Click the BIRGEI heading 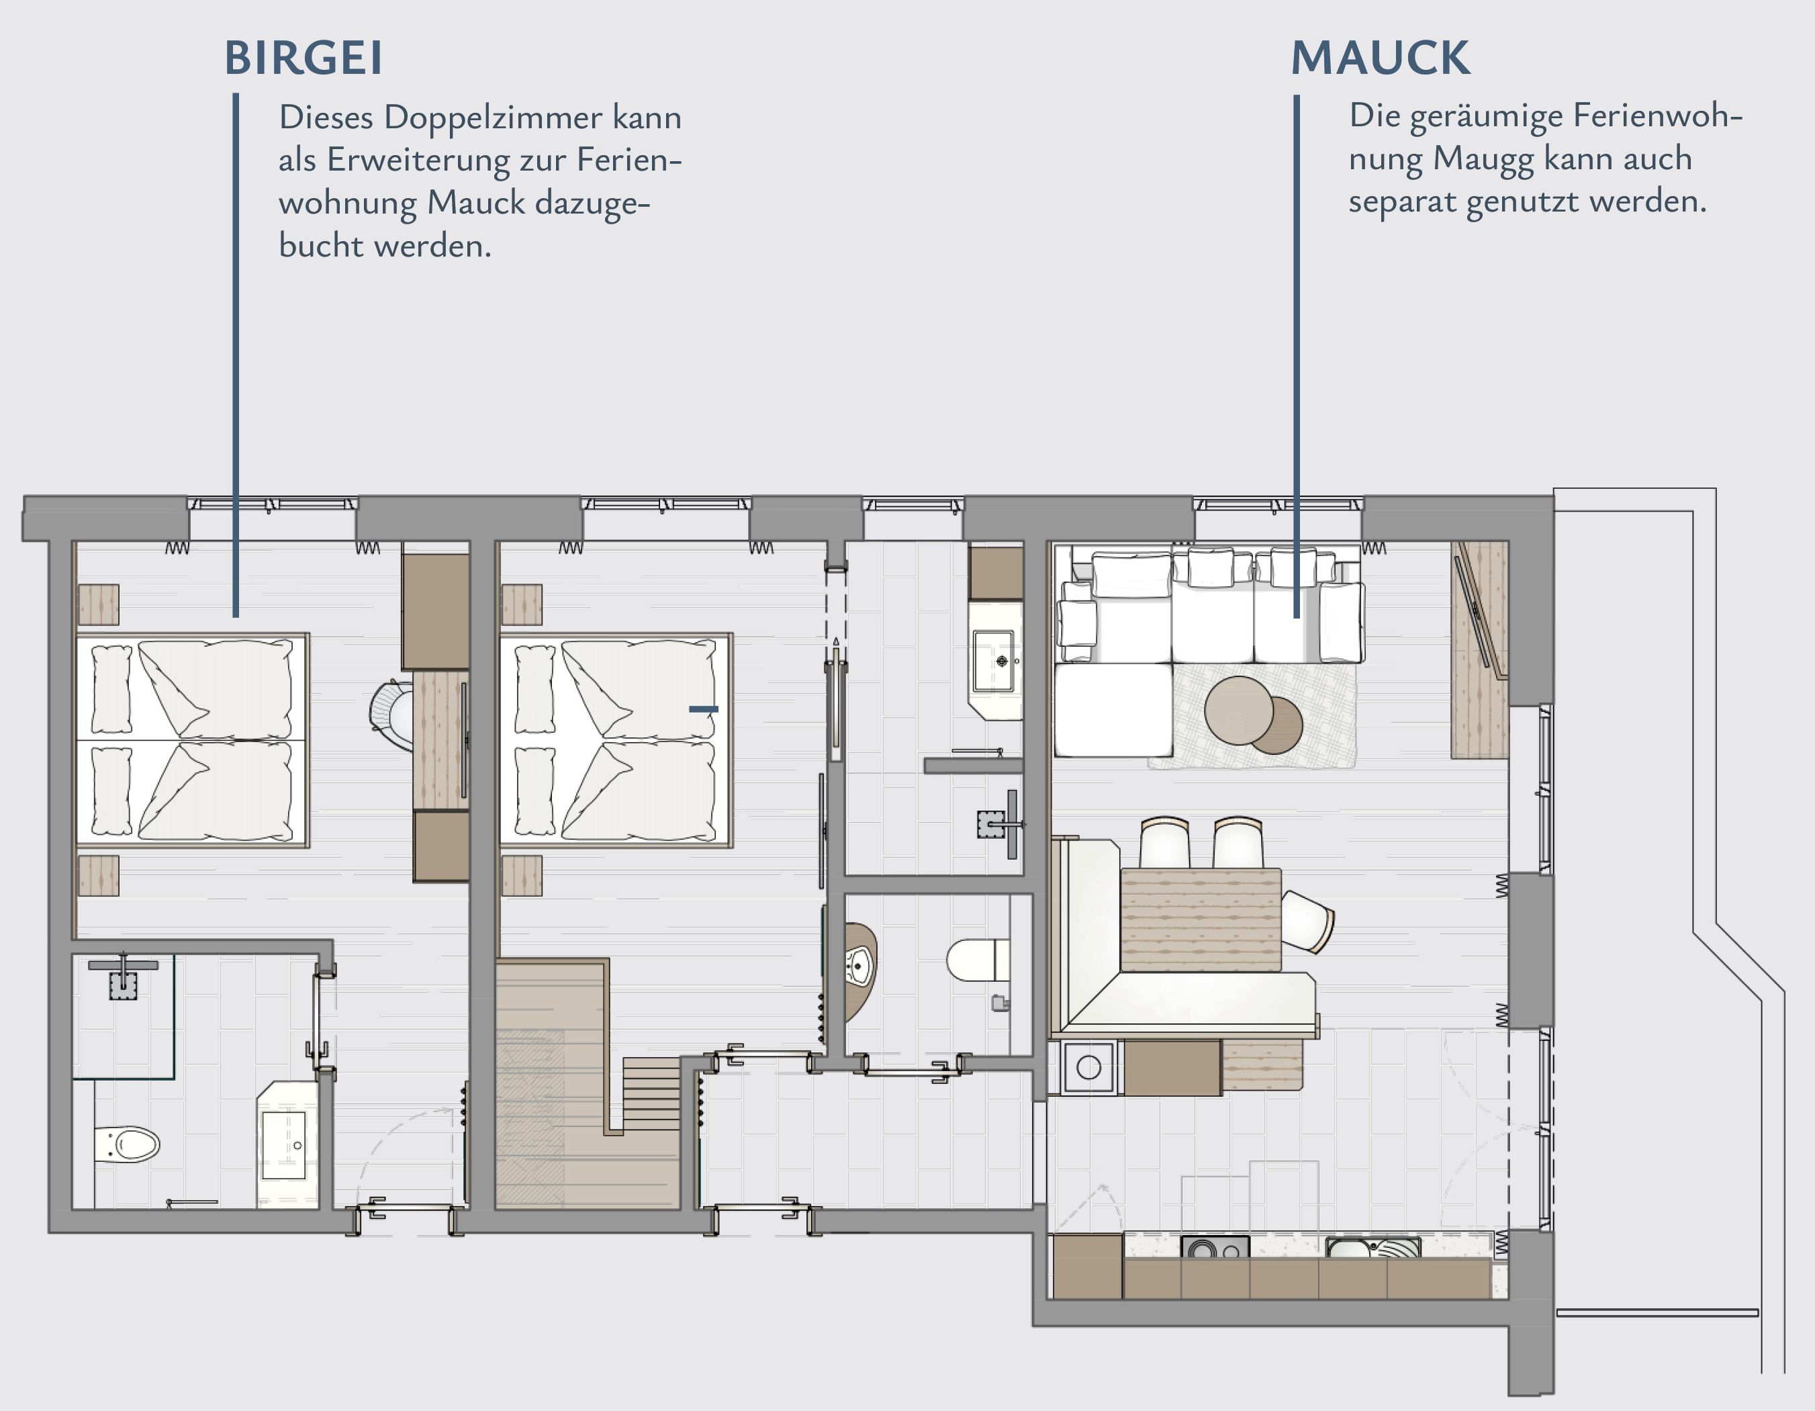coord(304,58)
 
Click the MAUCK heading coord(1381,58)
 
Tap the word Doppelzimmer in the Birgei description coord(493,119)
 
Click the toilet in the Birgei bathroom coord(126,1145)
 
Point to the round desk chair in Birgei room coord(392,715)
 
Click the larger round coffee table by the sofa coord(1238,710)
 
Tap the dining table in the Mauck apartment coord(1200,919)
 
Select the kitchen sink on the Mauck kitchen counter coord(1372,1247)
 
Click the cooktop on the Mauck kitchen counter coord(1214,1247)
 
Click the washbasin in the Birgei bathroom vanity coord(284,1145)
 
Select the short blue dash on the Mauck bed coord(703,709)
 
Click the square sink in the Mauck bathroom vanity coord(994,662)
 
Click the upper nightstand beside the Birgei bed coord(98,604)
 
